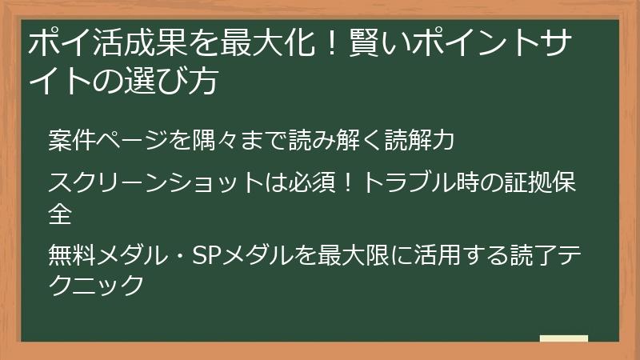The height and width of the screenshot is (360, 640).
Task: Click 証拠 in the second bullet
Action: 515,183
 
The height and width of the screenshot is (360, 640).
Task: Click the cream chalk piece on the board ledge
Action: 563,339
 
